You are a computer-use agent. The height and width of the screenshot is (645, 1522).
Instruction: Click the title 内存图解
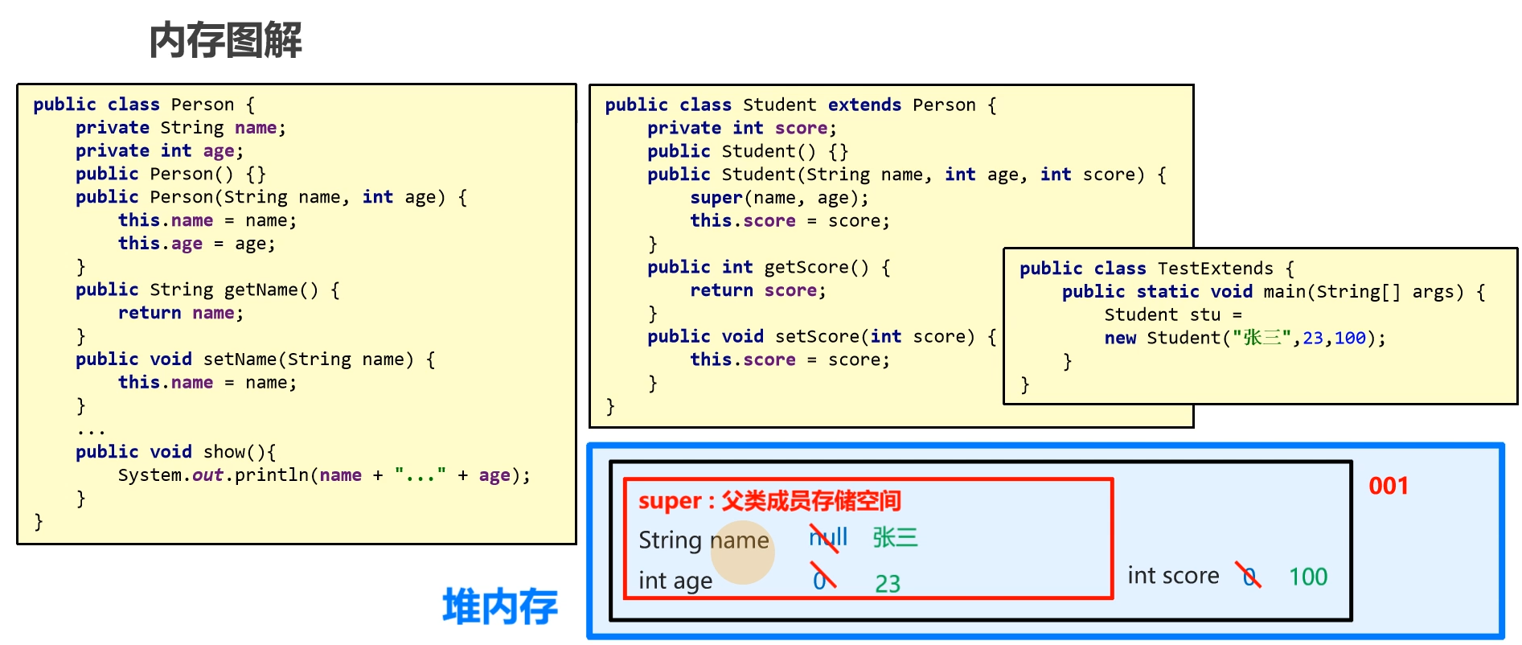226,40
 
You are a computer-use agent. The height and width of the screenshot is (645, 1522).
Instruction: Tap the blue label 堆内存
499,606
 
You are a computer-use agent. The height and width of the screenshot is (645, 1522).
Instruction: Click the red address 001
1389,486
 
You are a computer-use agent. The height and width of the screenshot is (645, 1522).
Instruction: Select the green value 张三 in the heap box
895,537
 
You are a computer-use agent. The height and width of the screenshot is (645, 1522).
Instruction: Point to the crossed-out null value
827,537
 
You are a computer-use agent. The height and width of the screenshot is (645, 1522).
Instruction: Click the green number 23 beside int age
888,583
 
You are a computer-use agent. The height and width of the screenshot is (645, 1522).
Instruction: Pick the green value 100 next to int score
1308,577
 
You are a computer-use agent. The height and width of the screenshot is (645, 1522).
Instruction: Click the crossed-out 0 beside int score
1249,576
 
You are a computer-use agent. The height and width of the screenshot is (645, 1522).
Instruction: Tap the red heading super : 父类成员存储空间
769,501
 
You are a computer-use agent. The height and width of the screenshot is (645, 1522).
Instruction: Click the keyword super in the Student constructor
716,198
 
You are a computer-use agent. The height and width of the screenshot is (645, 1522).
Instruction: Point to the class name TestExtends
1215,269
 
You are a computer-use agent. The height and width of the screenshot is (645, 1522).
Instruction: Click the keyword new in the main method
1120,338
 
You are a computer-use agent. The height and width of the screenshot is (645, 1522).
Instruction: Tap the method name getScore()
816,267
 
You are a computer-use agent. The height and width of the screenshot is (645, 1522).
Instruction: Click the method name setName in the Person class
240,359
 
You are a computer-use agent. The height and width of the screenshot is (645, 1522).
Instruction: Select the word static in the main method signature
1167,292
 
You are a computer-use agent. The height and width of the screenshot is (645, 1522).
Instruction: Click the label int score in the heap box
1173,576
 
